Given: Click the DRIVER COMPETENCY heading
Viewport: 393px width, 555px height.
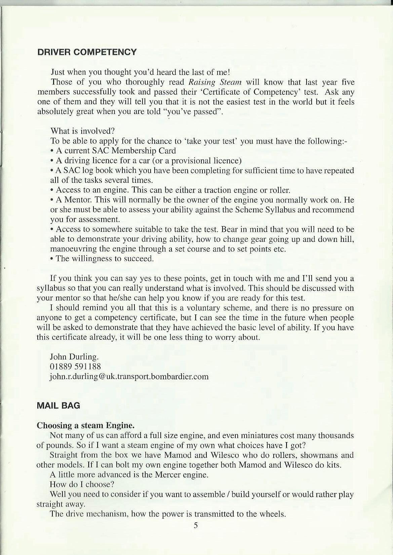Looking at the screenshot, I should (x=87, y=52).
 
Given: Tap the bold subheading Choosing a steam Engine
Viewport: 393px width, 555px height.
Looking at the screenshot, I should (x=85, y=425).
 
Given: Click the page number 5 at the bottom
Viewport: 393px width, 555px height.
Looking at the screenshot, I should (x=196, y=526).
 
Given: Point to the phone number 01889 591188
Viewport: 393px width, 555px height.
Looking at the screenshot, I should (x=75, y=366).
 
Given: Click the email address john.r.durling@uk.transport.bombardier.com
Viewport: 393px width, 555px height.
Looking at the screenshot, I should (x=129, y=376).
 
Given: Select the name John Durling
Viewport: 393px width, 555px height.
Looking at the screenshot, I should (x=74, y=356).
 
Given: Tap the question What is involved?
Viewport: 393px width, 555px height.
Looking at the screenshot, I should (x=83, y=131).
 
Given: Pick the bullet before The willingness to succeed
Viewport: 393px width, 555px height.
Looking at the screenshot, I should (x=52, y=259).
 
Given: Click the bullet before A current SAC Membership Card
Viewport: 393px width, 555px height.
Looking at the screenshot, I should (x=52, y=151).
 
